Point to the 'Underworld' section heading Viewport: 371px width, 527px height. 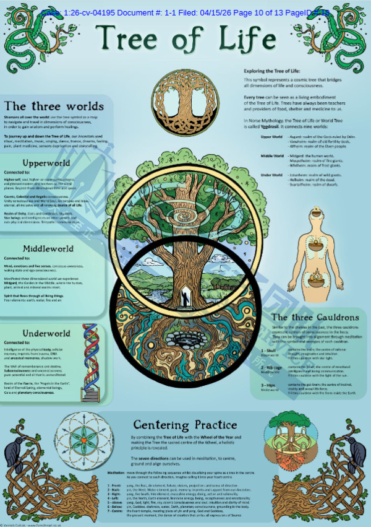[46, 334]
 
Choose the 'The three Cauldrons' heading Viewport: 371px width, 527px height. [315, 317]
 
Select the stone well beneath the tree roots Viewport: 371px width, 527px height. [185, 340]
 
